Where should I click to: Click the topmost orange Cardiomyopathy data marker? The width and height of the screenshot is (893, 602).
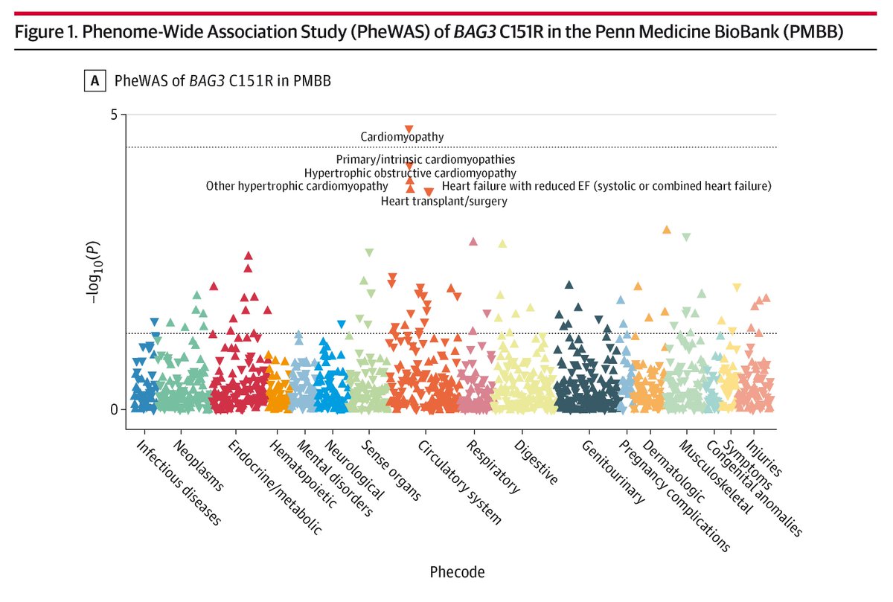tap(409, 129)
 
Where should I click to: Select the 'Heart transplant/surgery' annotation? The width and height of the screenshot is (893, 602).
tap(444, 201)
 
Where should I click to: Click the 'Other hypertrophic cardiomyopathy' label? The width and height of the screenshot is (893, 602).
tap(297, 185)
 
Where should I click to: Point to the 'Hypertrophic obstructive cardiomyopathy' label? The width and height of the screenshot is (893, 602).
tap(410, 173)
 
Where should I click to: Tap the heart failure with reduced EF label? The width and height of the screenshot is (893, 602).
tap(606, 185)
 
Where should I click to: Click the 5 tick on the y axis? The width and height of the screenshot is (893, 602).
tap(114, 115)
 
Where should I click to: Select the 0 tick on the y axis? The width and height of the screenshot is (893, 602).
tap(114, 409)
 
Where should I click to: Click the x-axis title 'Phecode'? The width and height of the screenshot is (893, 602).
tap(457, 572)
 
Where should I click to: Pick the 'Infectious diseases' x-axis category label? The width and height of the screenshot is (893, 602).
tap(179, 482)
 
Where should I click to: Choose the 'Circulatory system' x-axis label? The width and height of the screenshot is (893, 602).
tap(459, 482)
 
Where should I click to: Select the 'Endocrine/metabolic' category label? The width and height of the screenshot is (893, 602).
tap(275, 487)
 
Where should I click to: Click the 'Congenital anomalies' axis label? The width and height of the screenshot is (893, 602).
tap(754, 487)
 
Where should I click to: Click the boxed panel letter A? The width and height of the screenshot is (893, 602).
tap(95, 81)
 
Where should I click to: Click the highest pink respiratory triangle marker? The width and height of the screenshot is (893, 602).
tap(473, 241)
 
